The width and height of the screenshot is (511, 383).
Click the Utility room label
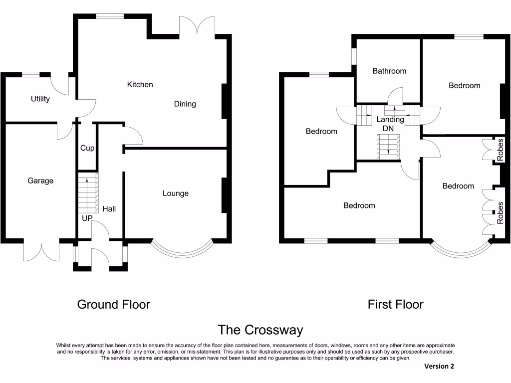(x=40, y=99)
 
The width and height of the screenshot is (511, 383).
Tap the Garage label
(x=40, y=181)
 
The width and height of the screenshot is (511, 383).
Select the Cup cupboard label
(x=87, y=148)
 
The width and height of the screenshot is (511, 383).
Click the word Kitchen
(x=140, y=84)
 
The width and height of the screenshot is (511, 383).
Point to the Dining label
(x=185, y=104)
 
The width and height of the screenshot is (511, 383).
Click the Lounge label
(x=176, y=193)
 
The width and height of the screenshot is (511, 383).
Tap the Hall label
(x=109, y=208)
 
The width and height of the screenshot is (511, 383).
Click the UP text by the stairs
(x=87, y=218)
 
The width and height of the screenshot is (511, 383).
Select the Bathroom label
(x=389, y=71)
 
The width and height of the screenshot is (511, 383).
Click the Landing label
(x=390, y=119)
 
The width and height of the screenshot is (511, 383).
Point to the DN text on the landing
(x=388, y=128)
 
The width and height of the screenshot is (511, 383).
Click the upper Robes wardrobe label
(x=501, y=150)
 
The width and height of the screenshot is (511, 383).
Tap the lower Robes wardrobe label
(x=501, y=212)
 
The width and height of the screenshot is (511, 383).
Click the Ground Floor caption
(x=113, y=304)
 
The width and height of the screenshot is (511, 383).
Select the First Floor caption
(x=395, y=304)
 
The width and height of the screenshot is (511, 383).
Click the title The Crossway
(x=260, y=330)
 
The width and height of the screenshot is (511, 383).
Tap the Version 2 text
(x=439, y=366)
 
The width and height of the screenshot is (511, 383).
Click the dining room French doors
(x=197, y=25)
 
